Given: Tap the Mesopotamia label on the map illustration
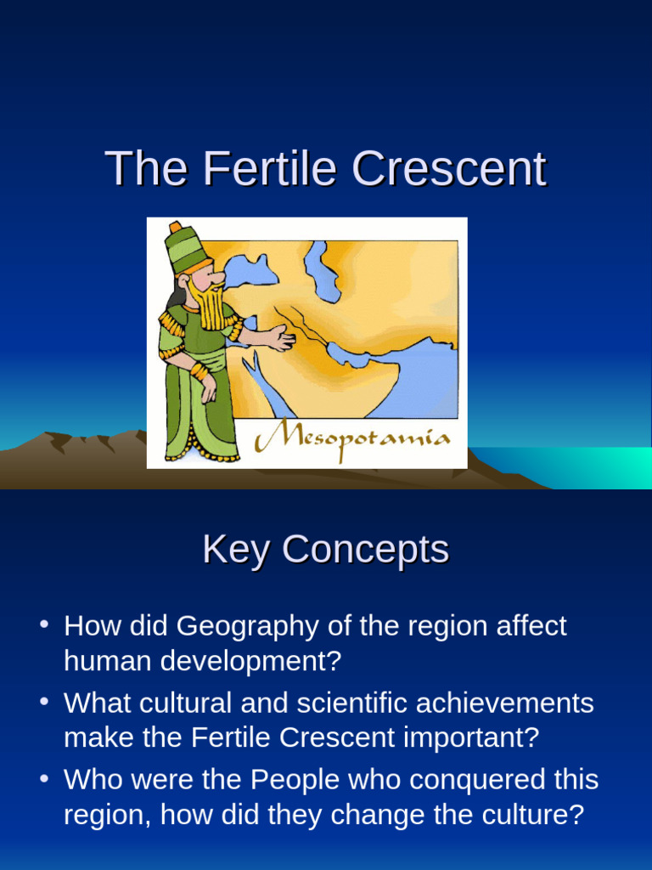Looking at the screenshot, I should point(353,439).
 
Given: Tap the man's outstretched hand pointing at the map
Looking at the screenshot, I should point(280,339).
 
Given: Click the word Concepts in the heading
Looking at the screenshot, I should point(365,551).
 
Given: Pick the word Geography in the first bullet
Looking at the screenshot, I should point(230,627).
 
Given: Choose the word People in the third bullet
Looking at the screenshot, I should point(285,779).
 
